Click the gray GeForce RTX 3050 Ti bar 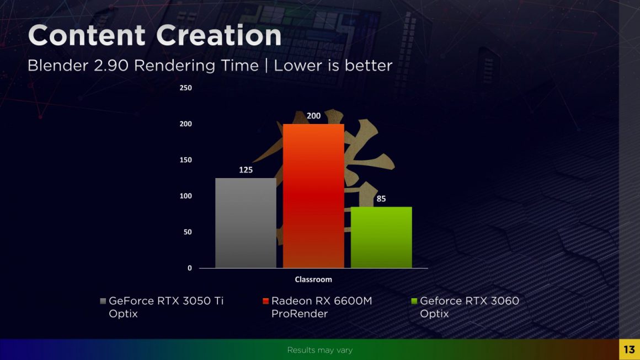click(x=246, y=223)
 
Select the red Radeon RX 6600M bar click(x=313, y=196)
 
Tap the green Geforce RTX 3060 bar click(x=381, y=237)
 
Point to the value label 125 click(x=246, y=170)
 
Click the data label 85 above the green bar click(x=381, y=198)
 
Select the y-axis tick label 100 click(x=185, y=196)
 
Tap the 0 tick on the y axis click(x=189, y=268)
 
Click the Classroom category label click(x=313, y=280)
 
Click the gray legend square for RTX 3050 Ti click(x=103, y=301)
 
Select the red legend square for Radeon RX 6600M click(x=266, y=301)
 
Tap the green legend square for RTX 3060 click(x=414, y=301)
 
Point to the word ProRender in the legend click(x=300, y=314)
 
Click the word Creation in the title click(x=219, y=36)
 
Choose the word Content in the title click(x=87, y=36)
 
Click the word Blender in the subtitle click(x=54, y=66)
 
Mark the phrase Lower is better click(x=333, y=66)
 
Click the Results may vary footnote click(x=319, y=350)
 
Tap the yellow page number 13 click(x=629, y=350)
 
